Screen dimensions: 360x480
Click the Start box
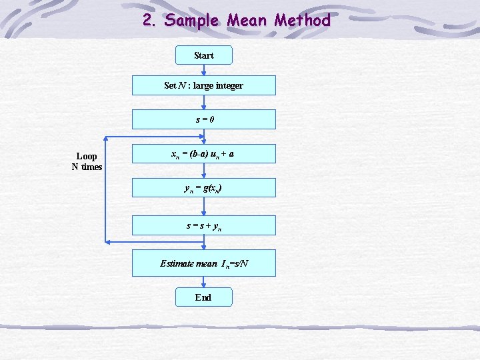[203, 55]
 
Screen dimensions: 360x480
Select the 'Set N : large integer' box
[203, 85]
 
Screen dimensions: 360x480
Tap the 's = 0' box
[203, 119]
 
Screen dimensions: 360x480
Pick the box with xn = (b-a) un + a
[203, 154]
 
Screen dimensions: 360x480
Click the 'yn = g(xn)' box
[203, 187]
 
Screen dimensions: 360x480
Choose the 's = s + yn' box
[203, 225]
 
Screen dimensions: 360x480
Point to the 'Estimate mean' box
[203, 263]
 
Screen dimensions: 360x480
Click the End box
[203, 297]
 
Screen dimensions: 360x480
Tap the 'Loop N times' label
[87, 161]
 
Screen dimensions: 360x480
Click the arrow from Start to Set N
[203, 70]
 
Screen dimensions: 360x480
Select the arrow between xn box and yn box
[203, 171]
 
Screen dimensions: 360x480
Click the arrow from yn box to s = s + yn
[203, 206]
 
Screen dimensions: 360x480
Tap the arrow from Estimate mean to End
[203, 282]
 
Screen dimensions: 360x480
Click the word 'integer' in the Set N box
[229, 85]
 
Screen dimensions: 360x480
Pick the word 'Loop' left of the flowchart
[87, 157]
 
